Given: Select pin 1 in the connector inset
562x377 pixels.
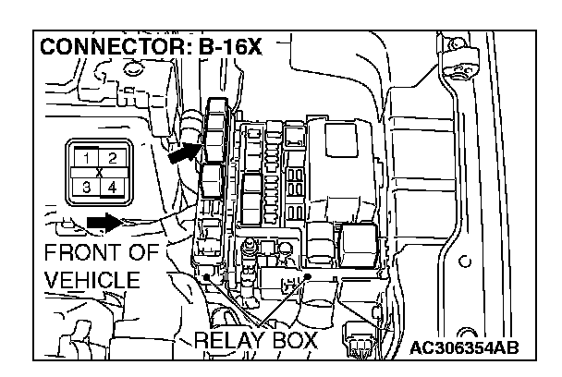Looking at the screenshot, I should [x=86, y=158].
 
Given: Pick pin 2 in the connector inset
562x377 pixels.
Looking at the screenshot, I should [x=112, y=158].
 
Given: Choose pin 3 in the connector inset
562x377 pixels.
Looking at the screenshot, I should [x=86, y=188].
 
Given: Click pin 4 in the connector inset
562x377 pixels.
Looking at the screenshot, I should [x=112, y=188].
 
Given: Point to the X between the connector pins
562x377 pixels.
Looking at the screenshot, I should [x=99, y=173].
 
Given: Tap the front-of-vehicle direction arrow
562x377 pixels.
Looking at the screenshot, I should [x=104, y=221].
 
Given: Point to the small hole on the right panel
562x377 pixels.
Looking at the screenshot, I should [x=465, y=258].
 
